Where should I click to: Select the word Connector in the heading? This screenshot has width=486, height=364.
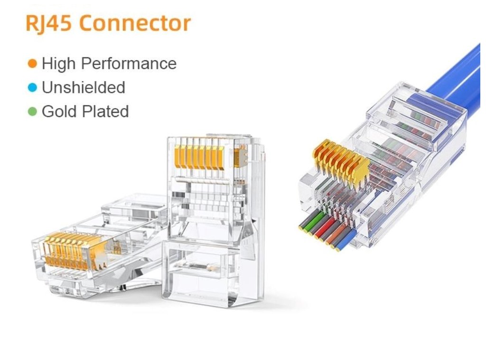[x=138, y=23]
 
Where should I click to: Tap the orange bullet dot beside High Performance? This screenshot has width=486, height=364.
[x=32, y=63]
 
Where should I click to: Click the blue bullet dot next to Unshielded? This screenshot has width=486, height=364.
[x=32, y=87]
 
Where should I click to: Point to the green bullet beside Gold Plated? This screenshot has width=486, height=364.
[x=32, y=111]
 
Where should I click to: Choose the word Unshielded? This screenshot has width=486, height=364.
[x=84, y=87]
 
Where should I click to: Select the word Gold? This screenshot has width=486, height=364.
[x=60, y=111]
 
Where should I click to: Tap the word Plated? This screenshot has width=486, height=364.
[x=106, y=111]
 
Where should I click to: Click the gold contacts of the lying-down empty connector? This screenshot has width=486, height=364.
[x=71, y=251]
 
